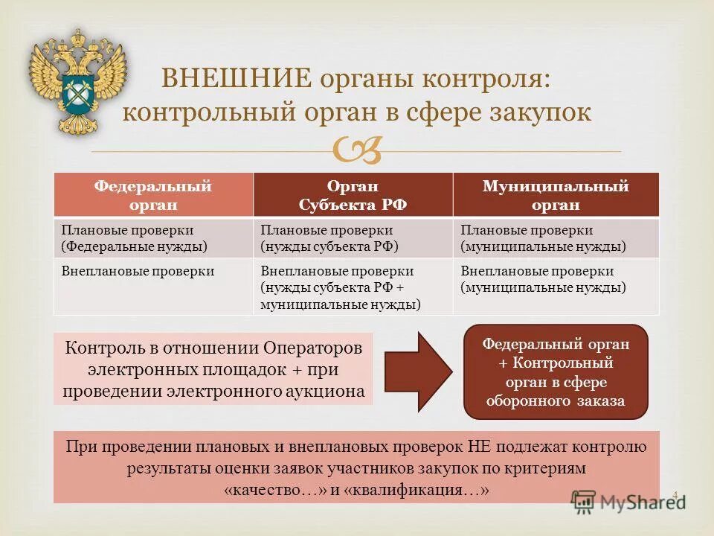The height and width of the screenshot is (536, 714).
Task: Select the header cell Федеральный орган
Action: tap(152, 195)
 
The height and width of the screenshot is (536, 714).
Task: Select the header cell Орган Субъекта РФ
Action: tap(353, 195)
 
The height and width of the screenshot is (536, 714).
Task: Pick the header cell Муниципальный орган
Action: tap(556, 195)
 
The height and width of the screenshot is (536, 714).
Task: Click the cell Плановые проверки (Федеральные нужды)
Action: tap(152, 237)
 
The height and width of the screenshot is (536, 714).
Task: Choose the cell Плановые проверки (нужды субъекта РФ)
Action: tap(353, 237)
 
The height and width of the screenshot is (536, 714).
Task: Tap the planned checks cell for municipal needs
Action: tap(556, 237)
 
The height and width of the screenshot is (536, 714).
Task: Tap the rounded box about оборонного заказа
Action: tap(556, 372)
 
